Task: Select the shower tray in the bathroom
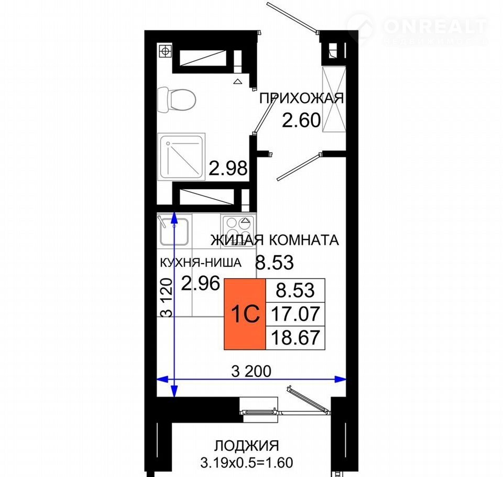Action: (182, 157)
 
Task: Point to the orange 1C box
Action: (245, 314)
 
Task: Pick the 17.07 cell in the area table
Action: (296, 314)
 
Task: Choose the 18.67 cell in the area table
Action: (296, 338)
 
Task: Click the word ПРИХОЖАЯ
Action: (302, 98)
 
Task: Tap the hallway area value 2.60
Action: (301, 121)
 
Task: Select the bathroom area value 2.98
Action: (228, 168)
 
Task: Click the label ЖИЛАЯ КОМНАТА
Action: (275, 240)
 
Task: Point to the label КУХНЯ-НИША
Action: (201, 263)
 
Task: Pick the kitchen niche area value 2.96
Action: (201, 283)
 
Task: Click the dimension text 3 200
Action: (251, 371)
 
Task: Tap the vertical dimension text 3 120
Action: (167, 298)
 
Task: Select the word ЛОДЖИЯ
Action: (246, 446)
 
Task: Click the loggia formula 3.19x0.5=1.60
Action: (247, 462)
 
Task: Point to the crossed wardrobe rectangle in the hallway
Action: (334, 99)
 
